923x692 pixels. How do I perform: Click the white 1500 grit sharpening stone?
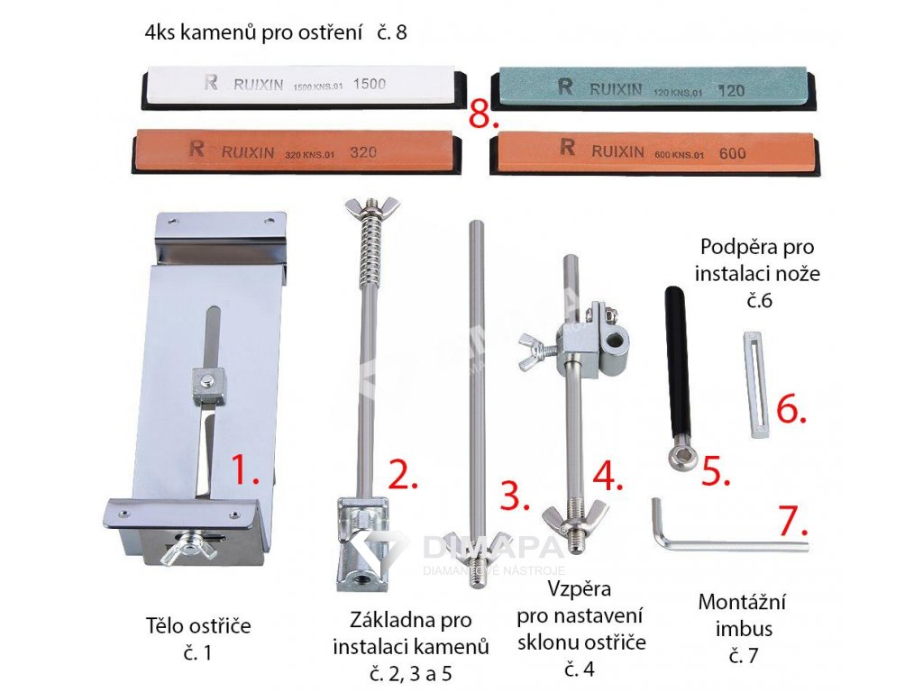point(302,86)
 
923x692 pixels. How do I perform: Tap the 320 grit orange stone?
point(297,151)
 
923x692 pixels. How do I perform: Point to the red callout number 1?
point(243,470)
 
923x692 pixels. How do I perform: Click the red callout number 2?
point(403,474)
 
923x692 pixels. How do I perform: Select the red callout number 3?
point(515,496)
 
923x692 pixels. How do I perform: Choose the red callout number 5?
point(715,472)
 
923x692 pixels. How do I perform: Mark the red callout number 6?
point(790,409)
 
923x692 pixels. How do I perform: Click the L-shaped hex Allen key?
point(721,543)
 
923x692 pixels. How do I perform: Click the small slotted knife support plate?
point(757,385)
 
